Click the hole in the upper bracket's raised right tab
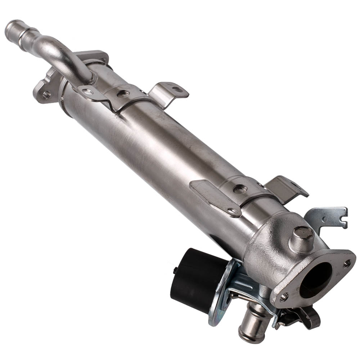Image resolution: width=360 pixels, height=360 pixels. (177, 89)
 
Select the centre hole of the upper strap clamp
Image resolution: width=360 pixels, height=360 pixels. (123, 94)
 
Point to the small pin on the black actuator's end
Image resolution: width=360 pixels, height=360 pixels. (175, 270)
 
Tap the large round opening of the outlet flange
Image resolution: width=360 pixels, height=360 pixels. (317, 279)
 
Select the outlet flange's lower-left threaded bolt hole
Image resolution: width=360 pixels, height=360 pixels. (284, 298)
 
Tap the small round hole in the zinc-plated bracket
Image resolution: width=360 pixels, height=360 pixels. (324, 219)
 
